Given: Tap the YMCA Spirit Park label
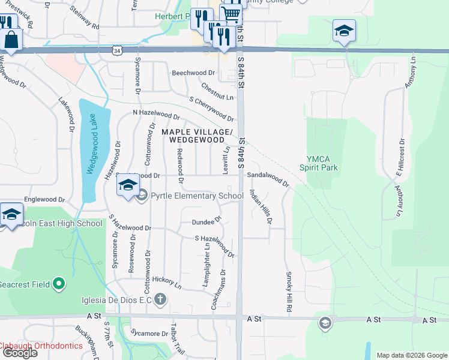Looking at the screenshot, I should coord(323,163).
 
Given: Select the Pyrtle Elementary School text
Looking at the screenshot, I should coord(197,196).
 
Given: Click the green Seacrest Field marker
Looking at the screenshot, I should coord(58,283).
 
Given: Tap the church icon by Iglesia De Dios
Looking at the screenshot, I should coord(160,298).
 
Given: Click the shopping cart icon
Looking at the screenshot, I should coord(231,13).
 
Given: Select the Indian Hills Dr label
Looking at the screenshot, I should coord(261,208).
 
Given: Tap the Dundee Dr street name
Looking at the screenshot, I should coord(203,222).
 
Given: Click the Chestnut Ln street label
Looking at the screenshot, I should coord(217,92).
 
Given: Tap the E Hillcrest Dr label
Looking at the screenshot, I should coord(399,158).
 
